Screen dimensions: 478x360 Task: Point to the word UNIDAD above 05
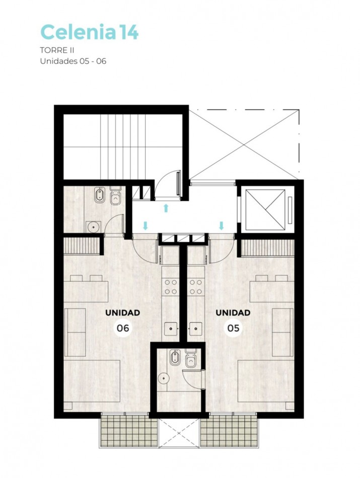pyautogui.click(x=233, y=312)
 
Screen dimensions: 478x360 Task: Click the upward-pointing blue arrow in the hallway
pyautogui.click(x=166, y=208)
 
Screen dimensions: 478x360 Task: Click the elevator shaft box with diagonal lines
pyautogui.click(x=264, y=210)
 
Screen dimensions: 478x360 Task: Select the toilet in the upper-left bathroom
pyautogui.click(x=116, y=197)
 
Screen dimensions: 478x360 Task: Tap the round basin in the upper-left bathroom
pyautogui.click(x=93, y=227)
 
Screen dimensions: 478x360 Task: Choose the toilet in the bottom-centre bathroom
pyautogui.click(x=190, y=360)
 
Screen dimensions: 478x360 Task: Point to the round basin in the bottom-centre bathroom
pyautogui.click(x=164, y=380)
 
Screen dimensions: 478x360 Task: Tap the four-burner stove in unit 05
pyautogui.click(x=195, y=287)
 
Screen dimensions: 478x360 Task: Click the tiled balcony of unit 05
pyautogui.click(x=229, y=431)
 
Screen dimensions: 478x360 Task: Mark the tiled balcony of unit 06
pyautogui.click(x=124, y=431)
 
